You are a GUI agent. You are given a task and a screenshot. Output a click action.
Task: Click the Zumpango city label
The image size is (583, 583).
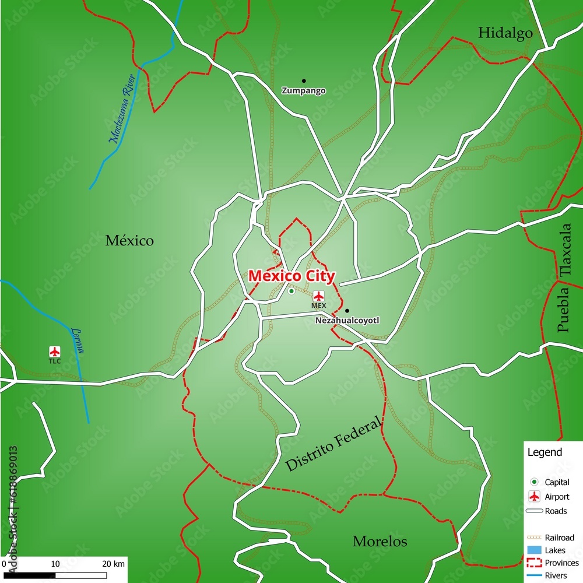click(x=304, y=91)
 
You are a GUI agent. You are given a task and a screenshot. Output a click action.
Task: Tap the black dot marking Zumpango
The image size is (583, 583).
click(x=304, y=80)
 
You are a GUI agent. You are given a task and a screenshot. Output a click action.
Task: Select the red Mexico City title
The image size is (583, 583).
click(x=291, y=276)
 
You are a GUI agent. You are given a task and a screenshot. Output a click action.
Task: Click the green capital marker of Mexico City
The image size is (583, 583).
click(x=291, y=291)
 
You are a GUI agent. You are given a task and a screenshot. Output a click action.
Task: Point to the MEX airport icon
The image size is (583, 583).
click(x=319, y=296)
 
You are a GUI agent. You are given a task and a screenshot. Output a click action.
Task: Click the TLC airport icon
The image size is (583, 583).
click(x=54, y=352)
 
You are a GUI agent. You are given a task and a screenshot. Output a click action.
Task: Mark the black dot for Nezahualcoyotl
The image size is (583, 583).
click(x=347, y=311)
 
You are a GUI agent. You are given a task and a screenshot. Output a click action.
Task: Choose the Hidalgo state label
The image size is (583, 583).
click(x=505, y=33)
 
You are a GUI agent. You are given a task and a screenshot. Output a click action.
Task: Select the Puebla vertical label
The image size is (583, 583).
click(x=563, y=309)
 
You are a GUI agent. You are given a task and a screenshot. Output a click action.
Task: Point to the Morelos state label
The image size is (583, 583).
click(x=380, y=542)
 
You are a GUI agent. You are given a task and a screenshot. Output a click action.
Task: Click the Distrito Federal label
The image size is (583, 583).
click(x=333, y=444)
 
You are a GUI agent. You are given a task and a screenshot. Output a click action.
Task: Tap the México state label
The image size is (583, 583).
click(x=129, y=240)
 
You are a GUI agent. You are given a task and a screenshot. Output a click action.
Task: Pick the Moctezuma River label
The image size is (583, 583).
click(x=122, y=108)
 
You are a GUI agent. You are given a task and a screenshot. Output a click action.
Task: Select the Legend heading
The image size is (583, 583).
click(x=545, y=452)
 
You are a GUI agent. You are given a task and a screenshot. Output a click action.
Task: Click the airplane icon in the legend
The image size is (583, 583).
click(x=533, y=497)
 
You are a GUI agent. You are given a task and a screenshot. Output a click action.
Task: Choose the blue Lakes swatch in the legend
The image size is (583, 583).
click(x=533, y=550)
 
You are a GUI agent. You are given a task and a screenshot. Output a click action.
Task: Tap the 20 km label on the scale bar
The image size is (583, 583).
click(x=114, y=564)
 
